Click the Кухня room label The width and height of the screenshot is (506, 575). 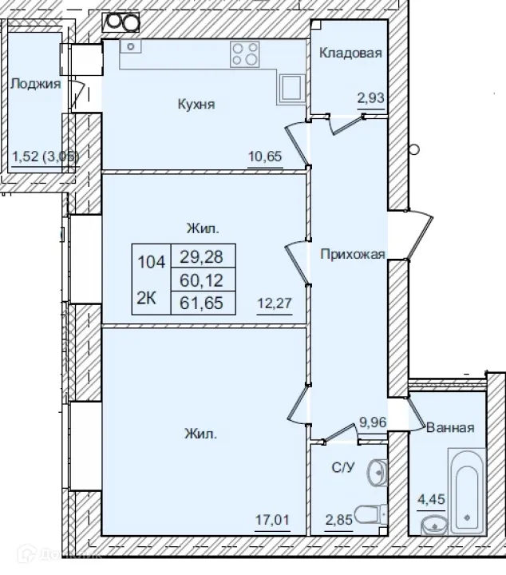click(197, 104)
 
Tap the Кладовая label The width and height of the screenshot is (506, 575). click(350, 54)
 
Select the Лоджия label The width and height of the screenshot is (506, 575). click(36, 82)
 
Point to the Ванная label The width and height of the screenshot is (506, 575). click(450, 427)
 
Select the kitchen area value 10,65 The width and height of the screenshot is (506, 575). click(265, 156)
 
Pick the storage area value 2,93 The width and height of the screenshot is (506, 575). click(370, 98)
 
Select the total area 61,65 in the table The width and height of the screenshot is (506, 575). click(203, 302)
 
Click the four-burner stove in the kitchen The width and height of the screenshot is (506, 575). click(246, 54)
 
